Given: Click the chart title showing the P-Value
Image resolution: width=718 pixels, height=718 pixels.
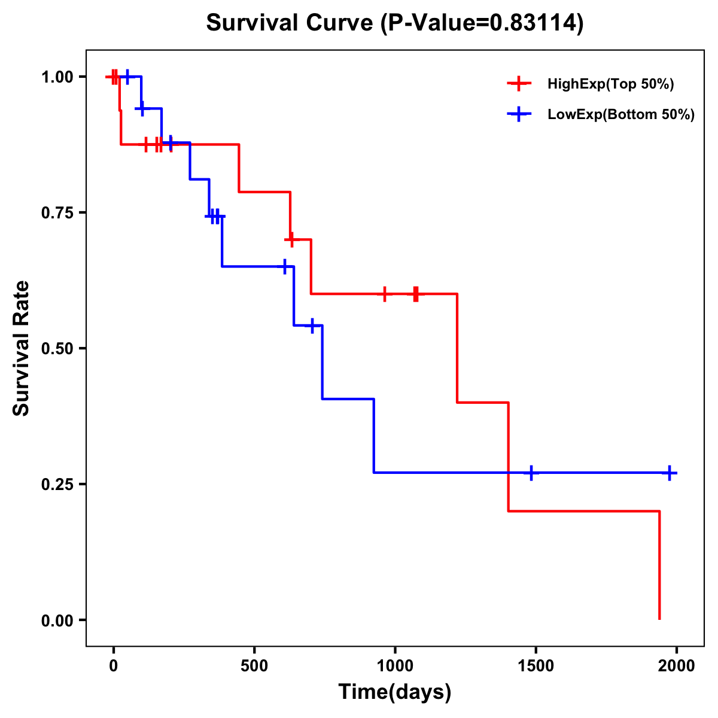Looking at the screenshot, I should point(394,23).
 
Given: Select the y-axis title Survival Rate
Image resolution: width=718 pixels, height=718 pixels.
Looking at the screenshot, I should point(22,348).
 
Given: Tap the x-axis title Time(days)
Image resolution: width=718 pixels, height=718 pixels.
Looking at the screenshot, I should point(394,692).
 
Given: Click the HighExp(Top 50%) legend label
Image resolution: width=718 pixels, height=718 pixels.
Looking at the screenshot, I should point(610,84).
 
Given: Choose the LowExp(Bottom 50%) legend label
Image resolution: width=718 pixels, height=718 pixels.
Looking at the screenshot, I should point(620,115).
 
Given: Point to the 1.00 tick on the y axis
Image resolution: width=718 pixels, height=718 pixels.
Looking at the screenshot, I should point(57,77).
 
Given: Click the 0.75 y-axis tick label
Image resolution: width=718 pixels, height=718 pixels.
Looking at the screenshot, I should point(57,213).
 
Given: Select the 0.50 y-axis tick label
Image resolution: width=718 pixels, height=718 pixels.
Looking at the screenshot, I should point(57,349).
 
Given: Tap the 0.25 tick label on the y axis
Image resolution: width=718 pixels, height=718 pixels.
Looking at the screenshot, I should point(57,485).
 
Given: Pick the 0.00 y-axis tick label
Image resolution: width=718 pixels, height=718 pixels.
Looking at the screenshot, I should point(57,620).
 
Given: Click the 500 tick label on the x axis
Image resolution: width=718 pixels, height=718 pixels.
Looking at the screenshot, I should point(254,666).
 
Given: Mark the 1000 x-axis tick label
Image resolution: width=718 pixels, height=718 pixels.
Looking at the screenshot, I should point(395,666).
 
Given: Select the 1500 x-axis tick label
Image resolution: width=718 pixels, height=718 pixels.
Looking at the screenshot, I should point(536,666).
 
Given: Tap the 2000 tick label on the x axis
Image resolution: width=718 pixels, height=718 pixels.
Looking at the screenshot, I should point(677,666).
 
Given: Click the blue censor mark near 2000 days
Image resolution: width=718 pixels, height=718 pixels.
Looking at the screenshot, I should point(670,473).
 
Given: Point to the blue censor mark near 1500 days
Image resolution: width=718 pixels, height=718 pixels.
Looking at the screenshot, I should point(530,473).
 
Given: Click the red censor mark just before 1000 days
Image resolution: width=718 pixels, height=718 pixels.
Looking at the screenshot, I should point(385,294).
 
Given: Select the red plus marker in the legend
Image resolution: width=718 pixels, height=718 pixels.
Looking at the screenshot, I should point(519,84).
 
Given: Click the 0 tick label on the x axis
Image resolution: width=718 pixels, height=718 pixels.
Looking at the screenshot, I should point(113,666).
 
